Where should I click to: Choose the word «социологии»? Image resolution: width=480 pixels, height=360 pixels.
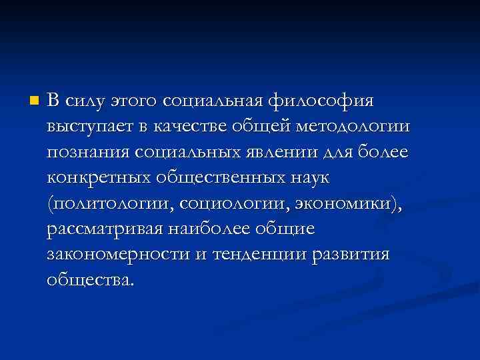pos(229,203)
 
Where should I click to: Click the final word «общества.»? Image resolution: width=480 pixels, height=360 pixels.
pos(91,279)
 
